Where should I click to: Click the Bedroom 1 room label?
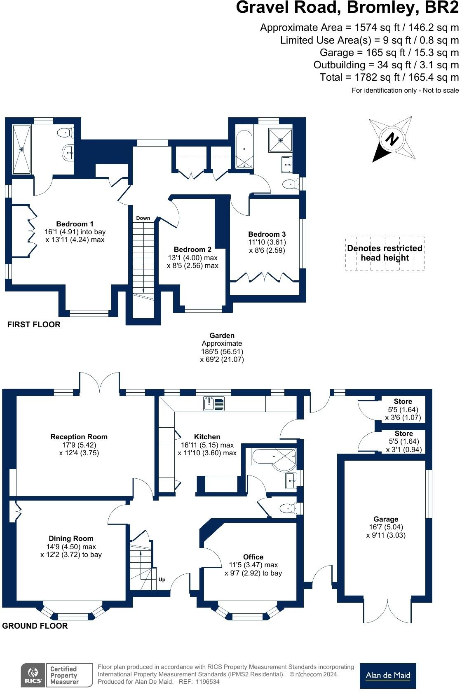[x=75, y=224]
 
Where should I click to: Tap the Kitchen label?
[x=207, y=437]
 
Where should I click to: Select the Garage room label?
[x=386, y=519]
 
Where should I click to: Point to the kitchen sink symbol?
[x=213, y=404]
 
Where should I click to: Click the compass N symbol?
[x=392, y=139]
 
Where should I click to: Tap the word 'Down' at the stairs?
[x=143, y=218]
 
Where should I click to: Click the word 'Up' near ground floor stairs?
[x=162, y=580]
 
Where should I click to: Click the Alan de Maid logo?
[x=387, y=676]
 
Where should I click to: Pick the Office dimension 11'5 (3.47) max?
[x=253, y=565]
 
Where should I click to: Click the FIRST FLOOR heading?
[x=34, y=324]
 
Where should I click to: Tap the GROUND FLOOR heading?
[x=35, y=626]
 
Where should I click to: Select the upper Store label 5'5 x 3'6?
[x=403, y=401]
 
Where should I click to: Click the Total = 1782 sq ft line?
[x=389, y=77]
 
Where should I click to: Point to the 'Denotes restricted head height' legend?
[x=385, y=253]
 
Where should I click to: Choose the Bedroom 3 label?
[x=267, y=234]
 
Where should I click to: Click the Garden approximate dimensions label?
[x=222, y=347]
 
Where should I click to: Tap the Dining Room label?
[x=71, y=538]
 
